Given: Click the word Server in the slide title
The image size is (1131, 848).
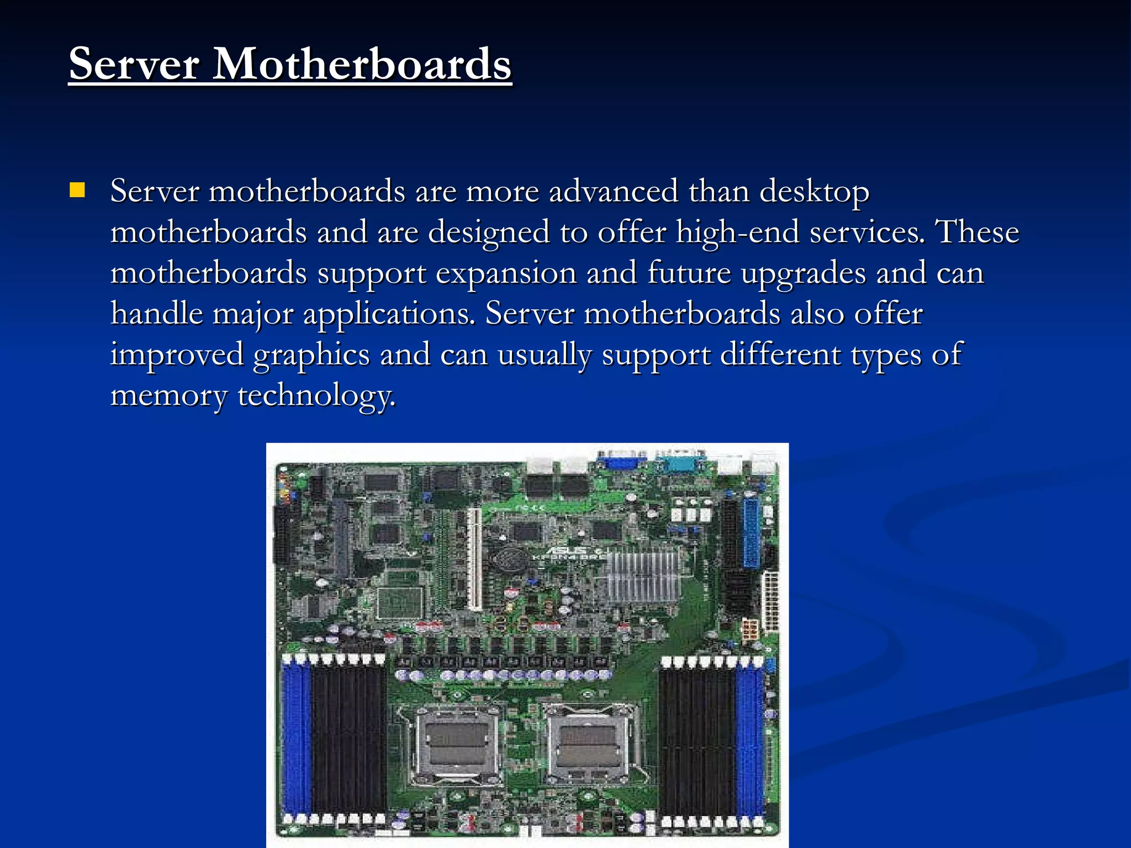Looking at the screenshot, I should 134,64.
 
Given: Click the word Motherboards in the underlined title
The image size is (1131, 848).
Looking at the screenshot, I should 362,64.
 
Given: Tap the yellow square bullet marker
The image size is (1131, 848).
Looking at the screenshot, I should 77,190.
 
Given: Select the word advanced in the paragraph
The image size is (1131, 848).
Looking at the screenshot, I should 613,192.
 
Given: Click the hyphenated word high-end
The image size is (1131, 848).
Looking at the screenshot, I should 738,232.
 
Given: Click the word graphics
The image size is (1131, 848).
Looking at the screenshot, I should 311,355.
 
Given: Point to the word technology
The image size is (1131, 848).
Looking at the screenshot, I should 316,396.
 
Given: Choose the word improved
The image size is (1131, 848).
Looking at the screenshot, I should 177,355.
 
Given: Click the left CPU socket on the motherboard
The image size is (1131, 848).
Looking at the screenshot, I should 456,745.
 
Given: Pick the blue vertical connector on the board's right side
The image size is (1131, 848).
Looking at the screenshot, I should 751,533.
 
